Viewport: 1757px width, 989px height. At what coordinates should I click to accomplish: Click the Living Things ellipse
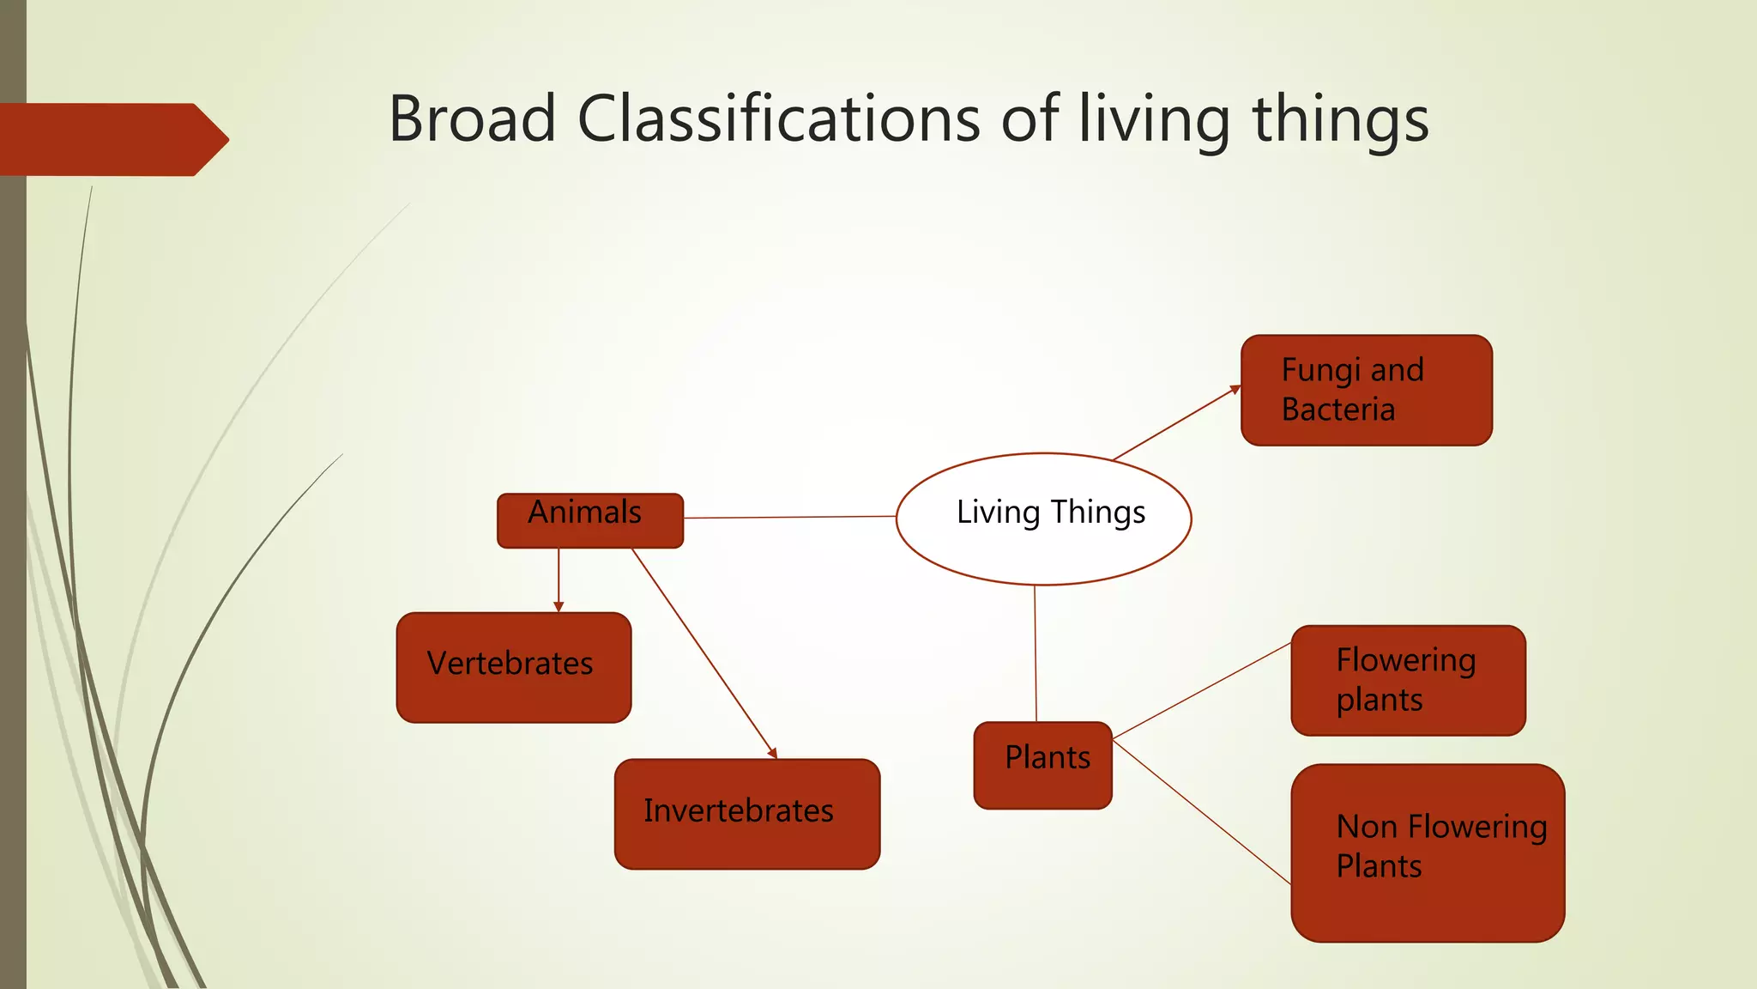(x=1043, y=519)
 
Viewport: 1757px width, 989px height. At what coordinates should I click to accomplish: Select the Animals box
(x=590, y=520)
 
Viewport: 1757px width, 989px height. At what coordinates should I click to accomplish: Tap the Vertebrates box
(x=513, y=667)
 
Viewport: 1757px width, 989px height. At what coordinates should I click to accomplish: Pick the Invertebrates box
(x=746, y=813)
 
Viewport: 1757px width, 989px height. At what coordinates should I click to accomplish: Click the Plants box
(x=1042, y=765)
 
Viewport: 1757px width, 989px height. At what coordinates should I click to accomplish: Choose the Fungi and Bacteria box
(x=1366, y=390)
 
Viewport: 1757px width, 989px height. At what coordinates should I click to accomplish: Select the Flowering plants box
(x=1408, y=680)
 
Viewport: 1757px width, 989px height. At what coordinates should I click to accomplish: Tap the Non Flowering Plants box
(x=1427, y=852)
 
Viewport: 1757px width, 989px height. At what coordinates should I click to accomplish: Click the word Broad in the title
(x=473, y=118)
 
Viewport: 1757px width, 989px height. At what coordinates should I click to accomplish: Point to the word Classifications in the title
(x=778, y=118)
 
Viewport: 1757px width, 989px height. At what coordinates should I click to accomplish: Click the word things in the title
(x=1341, y=118)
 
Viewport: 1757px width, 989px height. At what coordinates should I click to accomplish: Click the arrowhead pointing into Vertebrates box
(x=558, y=607)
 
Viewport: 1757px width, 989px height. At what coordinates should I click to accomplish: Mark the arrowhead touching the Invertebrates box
(x=773, y=753)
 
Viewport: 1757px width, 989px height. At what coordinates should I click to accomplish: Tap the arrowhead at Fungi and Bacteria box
(x=1235, y=390)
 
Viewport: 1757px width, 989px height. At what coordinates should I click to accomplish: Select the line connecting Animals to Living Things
(x=789, y=517)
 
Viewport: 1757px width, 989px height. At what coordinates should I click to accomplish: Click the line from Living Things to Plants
(x=1035, y=652)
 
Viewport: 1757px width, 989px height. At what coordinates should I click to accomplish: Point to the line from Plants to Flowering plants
(x=1201, y=690)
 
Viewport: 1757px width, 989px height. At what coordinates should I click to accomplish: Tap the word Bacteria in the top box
(x=1337, y=410)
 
